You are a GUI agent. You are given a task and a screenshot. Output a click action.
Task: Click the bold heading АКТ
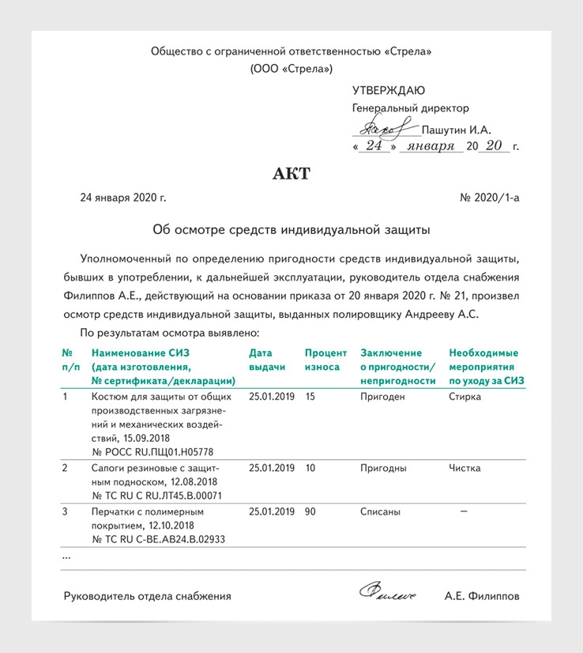coord(291,174)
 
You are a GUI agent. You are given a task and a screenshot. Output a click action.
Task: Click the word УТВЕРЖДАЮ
coord(388,90)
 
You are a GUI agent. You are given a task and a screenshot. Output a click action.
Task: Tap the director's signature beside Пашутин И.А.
coord(385,126)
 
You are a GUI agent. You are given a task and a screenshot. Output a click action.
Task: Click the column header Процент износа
coord(325,360)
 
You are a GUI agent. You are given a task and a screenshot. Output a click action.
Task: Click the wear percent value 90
coord(310,511)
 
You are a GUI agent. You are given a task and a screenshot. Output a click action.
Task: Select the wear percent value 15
coord(310,397)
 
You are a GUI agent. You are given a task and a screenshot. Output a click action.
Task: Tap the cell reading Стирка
coord(465,397)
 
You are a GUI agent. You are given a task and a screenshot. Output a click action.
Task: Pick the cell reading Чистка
coord(465,468)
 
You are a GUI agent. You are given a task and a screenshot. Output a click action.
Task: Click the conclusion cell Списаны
coord(380,511)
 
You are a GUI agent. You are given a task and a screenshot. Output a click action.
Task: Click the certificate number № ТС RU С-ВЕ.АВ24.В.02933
coord(158,540)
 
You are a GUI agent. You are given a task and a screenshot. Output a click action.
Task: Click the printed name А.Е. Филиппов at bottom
coord(482,596)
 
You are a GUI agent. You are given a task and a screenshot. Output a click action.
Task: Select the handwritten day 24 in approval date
coord(374,146)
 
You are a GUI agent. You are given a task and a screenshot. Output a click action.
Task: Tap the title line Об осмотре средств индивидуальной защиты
coord(291,230)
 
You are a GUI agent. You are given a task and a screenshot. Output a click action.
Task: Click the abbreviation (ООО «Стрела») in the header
coord(291,69)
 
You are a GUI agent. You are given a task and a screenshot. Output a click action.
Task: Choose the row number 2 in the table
coord(65,468)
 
